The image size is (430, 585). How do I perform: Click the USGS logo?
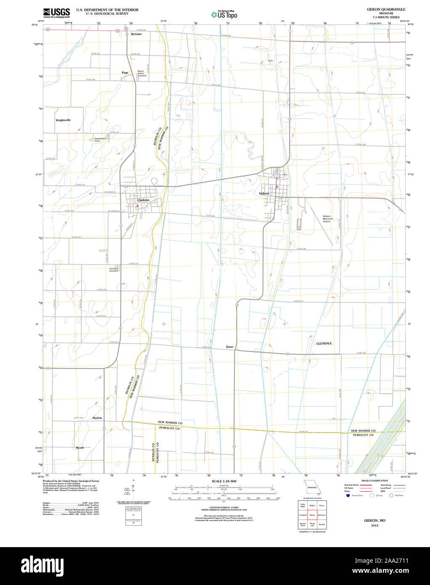pyautogui.click(x=57, y=13)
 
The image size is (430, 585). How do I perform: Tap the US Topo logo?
pyautogui.click(x=224, y=15)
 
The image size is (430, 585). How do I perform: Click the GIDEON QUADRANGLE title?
pyautogui.click(x=380, y=9)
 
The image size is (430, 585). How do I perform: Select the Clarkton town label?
pyautogui.click(x=143, y=200)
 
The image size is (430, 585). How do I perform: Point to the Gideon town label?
pyautogui.click(x=264, y=193)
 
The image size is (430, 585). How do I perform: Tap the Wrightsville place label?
pyautogui.click(x=63, y=120)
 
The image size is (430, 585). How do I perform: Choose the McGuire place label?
pyautogui.click(x=136, y=34)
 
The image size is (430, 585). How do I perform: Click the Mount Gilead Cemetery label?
pyautogui.click(x=142, y=73)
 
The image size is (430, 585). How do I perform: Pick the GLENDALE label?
pyautogui.click(x=324, y=343)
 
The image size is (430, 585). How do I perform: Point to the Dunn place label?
pyautogui.click(x=229, y=347)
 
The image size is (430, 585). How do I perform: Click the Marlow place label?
pyautogui.click(x=97, y=418)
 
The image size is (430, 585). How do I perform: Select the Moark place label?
pyautogui.click(x=80, y=447)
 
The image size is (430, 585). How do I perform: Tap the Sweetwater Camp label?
pyautogui.click(x=100, y=139)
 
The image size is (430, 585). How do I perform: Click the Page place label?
pyautogui.click(x=125, y=72)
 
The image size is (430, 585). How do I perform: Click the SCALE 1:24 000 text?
pyautogui.click(x=224, y=481)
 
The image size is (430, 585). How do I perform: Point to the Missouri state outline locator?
pyautogui.click(x=312, y=489)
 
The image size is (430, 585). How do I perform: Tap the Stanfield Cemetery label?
pyautogui.click(x=114, y=269)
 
